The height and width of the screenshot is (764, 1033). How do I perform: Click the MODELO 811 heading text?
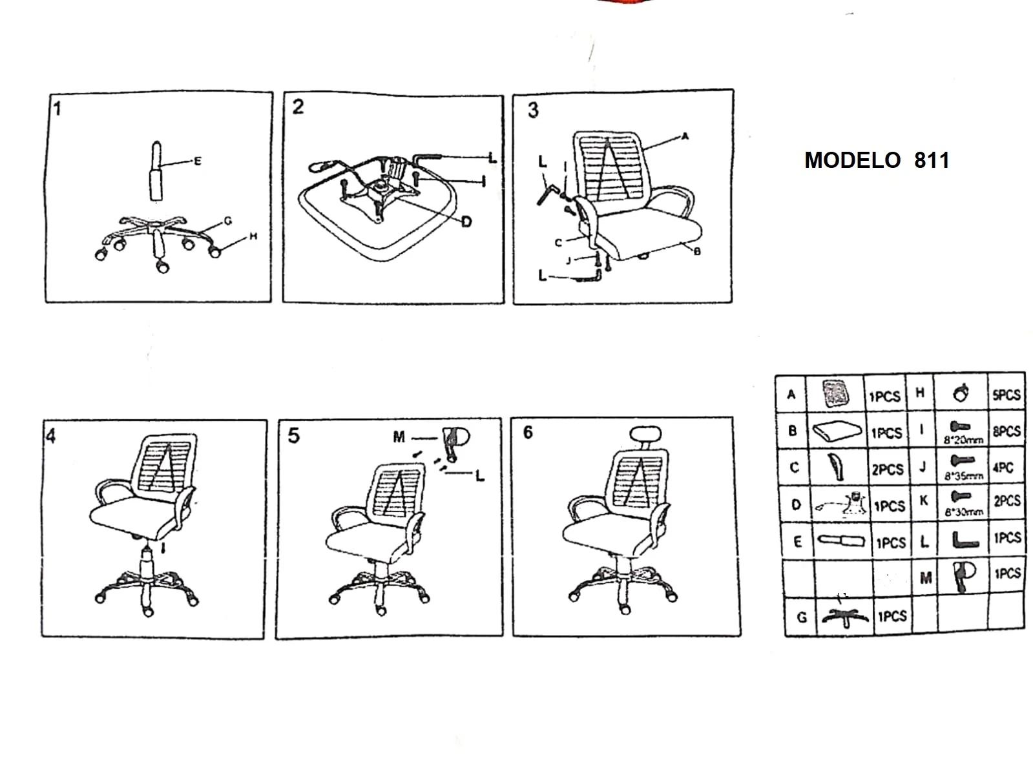pos(877,160)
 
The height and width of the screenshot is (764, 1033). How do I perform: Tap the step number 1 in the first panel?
pos(57,108)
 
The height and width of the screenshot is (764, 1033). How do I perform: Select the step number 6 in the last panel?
pos(528,433)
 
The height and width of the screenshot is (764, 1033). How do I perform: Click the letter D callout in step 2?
pos(466,222)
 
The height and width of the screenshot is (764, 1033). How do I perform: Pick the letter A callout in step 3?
pos(685,136)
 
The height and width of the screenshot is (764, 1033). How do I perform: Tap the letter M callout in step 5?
pos(399,438)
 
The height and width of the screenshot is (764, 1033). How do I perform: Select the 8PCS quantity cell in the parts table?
pos(1007,431)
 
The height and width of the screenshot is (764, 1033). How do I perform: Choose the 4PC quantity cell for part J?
pos(1003,468)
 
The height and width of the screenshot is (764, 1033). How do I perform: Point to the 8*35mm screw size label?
pos(963,477)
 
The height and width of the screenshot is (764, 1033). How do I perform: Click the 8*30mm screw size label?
pos(963,512)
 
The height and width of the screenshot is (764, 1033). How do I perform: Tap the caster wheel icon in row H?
pos(961,393)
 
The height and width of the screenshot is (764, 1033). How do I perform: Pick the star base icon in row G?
pos(844,616)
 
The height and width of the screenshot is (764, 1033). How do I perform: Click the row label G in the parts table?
pos(802,617)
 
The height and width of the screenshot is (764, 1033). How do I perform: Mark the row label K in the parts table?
pos(924,501)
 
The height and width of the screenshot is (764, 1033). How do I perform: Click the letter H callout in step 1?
pos(253,236)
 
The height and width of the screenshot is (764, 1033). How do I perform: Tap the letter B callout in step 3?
pos(696,251)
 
